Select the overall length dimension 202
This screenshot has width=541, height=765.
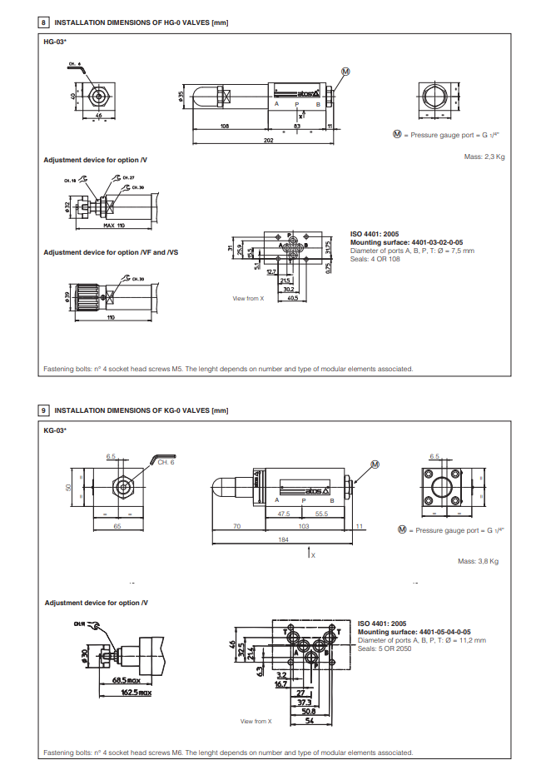point(267,141)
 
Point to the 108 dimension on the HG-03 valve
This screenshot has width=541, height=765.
point(225,126)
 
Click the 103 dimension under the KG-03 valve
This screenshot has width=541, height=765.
point(303,526)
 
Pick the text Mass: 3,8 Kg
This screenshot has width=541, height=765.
point(478,561)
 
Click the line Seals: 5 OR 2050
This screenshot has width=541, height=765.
point(385,648)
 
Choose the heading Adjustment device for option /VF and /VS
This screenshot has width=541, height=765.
point(111,252)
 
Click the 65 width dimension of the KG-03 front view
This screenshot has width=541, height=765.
point(117,526)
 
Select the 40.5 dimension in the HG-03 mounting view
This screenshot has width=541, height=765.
point(292,296)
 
